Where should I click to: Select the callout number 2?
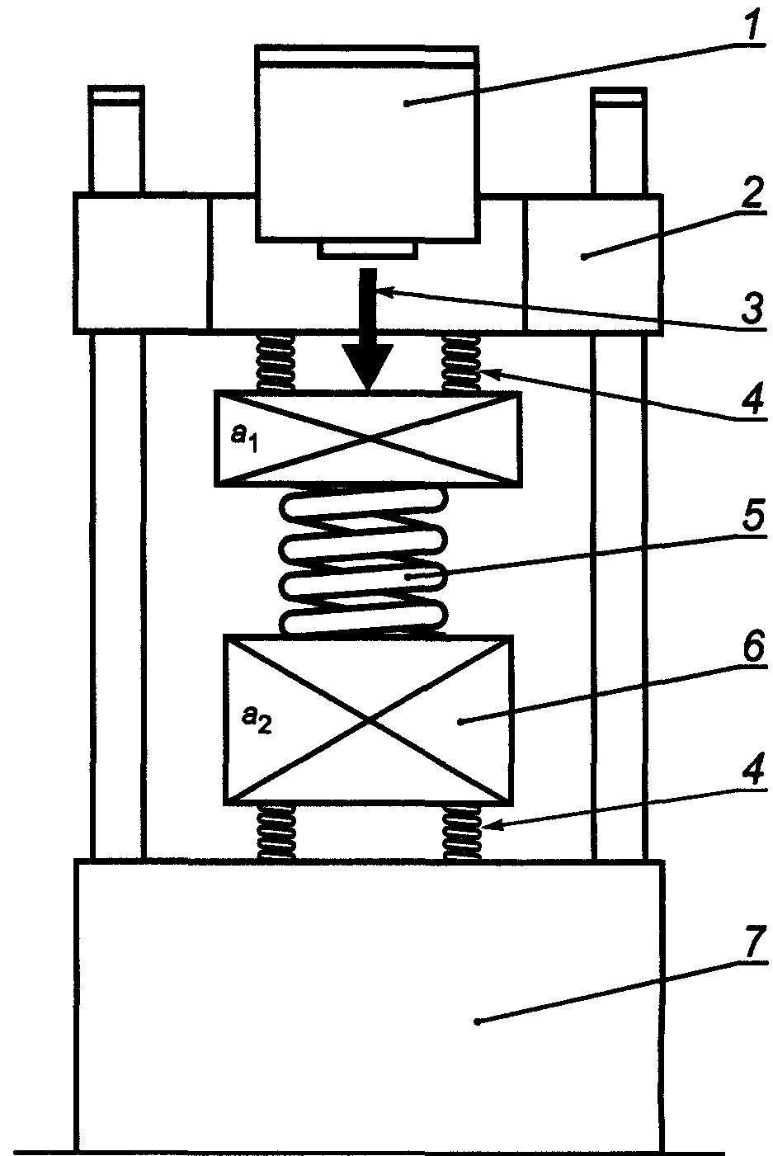tap(752, 191)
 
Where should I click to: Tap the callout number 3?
tap(753, 308)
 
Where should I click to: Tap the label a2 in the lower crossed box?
tap(257, 720)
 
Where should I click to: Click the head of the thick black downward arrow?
tap(367, 366)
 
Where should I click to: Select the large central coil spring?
tap(363, 561)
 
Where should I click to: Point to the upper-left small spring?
tap(276, 362)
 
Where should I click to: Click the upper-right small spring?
tap(461, 362)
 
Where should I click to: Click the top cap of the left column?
tap(116, 96)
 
